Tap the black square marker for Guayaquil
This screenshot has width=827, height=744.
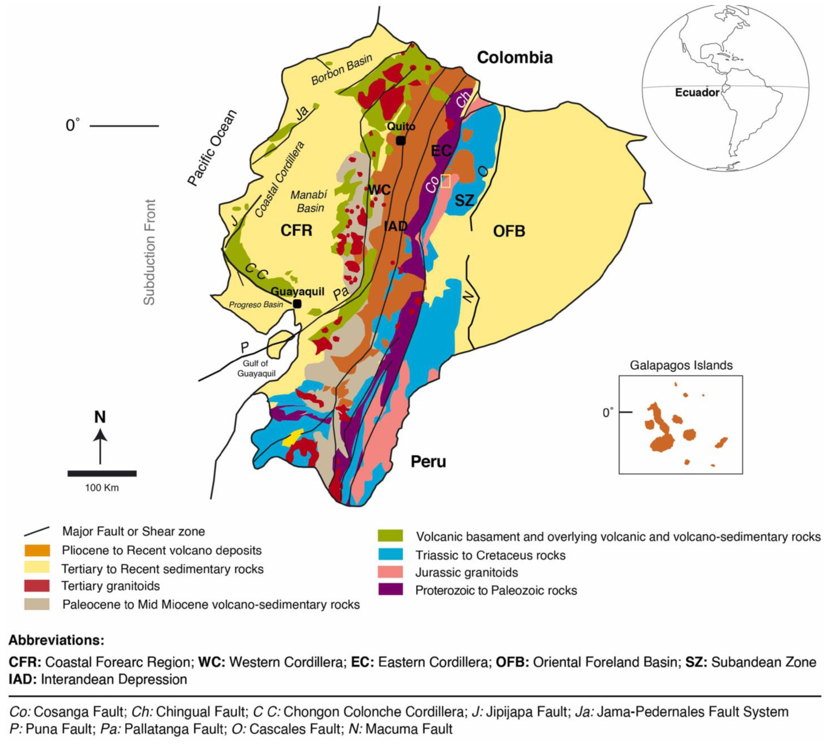[297, 304]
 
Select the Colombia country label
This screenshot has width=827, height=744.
[515, 58]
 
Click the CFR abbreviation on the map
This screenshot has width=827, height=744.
[296, 230]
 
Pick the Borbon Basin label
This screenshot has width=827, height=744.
[342, 69]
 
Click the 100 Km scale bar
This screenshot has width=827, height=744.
[102, 473]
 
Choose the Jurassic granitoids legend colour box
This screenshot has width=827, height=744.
[390, 572]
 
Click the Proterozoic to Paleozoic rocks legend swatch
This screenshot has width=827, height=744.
[390, 590]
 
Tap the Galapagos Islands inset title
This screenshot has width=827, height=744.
[681, 365]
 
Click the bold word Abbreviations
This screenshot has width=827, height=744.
[56, 640]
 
